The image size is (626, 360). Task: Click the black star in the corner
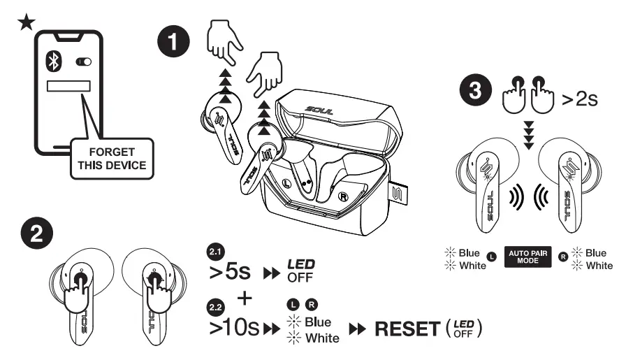pyautogui.click(x=25, y=21)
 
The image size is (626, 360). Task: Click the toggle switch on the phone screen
pyautogui.click(x=83, y=62)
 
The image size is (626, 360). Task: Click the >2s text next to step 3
pyautogui.click(x=581, y=99)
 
